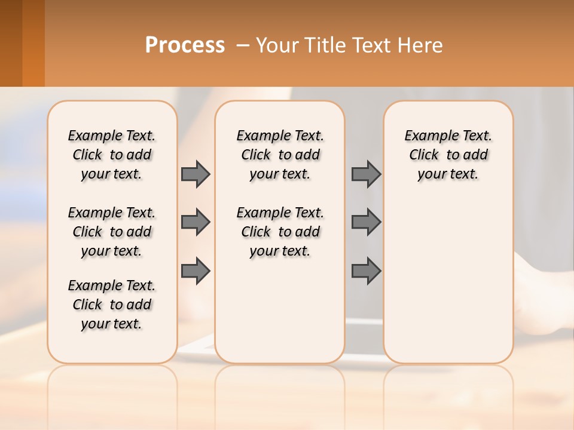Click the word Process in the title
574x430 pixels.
pyautogui.click(x=185, y=45)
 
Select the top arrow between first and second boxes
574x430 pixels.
pyautogui.click(x=195, y=174)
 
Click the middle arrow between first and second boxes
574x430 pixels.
pyautogui.click(x=195, y=222)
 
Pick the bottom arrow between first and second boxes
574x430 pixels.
pyautogui.click(x=195, y=271)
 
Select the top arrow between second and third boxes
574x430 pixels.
pyautogui.click(x=366, y=174)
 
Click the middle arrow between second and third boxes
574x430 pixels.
pyautogui.click(x=366, y=222)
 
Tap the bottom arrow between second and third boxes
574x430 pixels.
pyautogui.click(x=366, y=271)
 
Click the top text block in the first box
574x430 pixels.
pyautogui.click(x=112, y=155)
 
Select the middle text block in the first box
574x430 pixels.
pyautogui.click(x=112, y=232)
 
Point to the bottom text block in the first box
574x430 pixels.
pyautogui.click(x=112, y=305)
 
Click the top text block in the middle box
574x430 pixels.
pyautogui.click(x=280, y=155)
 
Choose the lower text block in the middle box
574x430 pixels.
pyautogui.click(x=280, y=232)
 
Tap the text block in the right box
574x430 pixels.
pyautogui.click(x=448, y=155)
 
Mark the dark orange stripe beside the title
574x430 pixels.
pyautogui.click(x=33, y=43)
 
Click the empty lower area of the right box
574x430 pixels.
pyautogui.click(x=448, y=281)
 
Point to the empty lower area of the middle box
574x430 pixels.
pyautogui.click(x=280, y=311)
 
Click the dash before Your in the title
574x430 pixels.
pyautogui.click(x=243, y=45)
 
